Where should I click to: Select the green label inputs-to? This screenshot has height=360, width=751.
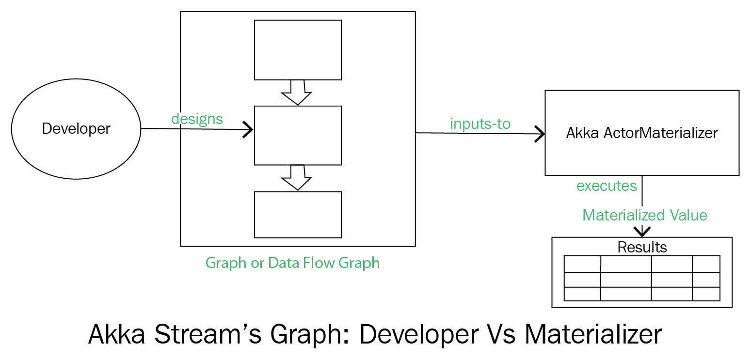point(480,124)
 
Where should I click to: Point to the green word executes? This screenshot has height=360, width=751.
point(607,186)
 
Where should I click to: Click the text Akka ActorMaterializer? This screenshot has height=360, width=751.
point(642,133)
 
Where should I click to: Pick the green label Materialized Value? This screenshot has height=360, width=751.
point(645,215)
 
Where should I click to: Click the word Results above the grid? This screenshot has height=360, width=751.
point(642,248)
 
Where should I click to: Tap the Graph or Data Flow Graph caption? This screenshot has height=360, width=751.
point(292,263)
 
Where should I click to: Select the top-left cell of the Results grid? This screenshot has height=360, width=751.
point(582,264)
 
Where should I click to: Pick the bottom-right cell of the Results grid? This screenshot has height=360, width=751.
point(706,294)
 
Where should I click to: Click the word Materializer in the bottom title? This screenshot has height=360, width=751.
point(593,334)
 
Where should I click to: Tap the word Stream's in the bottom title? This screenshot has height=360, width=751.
point(208,334)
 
